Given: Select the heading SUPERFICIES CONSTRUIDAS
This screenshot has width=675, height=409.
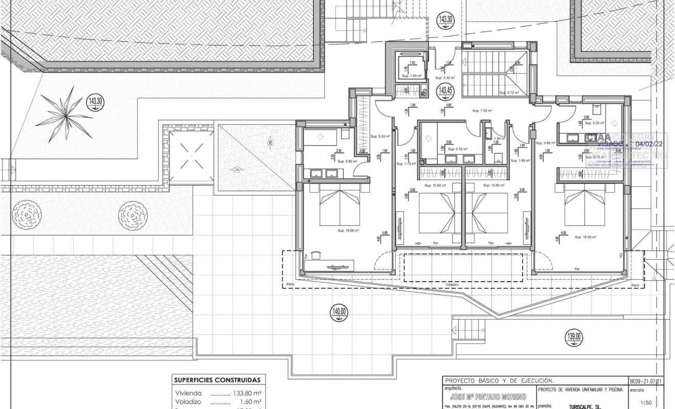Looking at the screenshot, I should [x=217, y=380].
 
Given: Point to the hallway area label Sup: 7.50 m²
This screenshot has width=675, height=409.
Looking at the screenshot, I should [x=482, y=110].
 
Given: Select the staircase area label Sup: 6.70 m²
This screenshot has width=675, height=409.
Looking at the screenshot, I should [x=509, y=93].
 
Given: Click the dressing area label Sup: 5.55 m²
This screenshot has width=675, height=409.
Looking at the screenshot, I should [x=380, y=137].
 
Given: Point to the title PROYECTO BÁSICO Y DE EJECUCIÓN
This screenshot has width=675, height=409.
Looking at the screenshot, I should [x=492, y=381].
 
